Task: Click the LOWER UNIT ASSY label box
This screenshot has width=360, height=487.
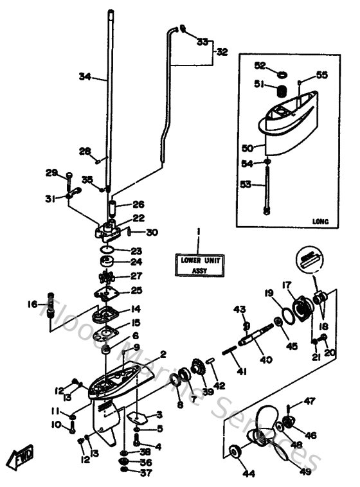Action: click(198, 265)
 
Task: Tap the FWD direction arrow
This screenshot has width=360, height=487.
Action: click(17, 457)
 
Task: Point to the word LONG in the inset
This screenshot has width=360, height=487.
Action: click(319, 222)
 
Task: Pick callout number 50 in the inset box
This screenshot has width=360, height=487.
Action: click(248, 148)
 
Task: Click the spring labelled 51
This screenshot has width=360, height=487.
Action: click(280, 92)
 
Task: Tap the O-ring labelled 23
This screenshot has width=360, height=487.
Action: click(108, 249)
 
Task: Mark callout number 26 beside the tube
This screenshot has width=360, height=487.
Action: click(139, 206)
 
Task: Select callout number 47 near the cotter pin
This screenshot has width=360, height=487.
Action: click(310, 402)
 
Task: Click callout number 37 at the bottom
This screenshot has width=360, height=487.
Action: click(146, 474)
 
